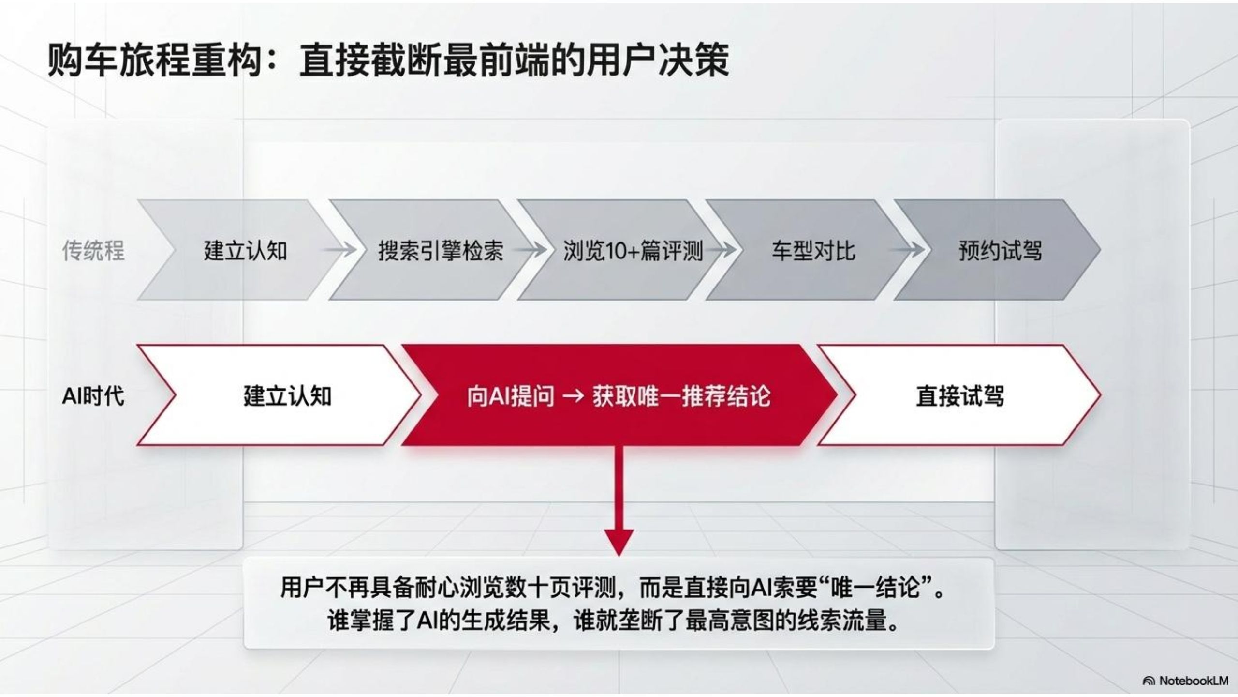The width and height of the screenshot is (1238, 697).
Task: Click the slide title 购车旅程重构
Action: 156,61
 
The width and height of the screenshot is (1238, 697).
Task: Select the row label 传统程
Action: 93,251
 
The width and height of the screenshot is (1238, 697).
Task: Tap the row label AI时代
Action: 93,396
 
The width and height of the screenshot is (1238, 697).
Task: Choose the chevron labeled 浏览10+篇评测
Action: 619,250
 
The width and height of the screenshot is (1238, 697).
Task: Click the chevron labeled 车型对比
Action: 808,250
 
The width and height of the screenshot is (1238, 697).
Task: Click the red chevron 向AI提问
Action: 619,395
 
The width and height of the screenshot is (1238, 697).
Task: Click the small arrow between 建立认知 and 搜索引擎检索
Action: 340,250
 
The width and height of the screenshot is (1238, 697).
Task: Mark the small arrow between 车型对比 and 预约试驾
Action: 907,250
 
